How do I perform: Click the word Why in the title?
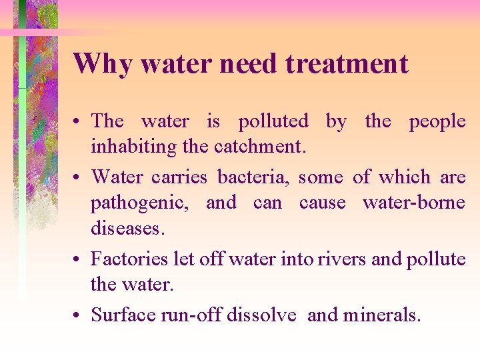point(101,64)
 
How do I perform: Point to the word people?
point(437,121)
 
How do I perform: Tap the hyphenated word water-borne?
point(414,203)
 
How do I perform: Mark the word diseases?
point(126,229)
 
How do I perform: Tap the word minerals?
point(381,314)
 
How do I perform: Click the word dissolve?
point(261,314)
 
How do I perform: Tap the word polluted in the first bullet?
point(273,121)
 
